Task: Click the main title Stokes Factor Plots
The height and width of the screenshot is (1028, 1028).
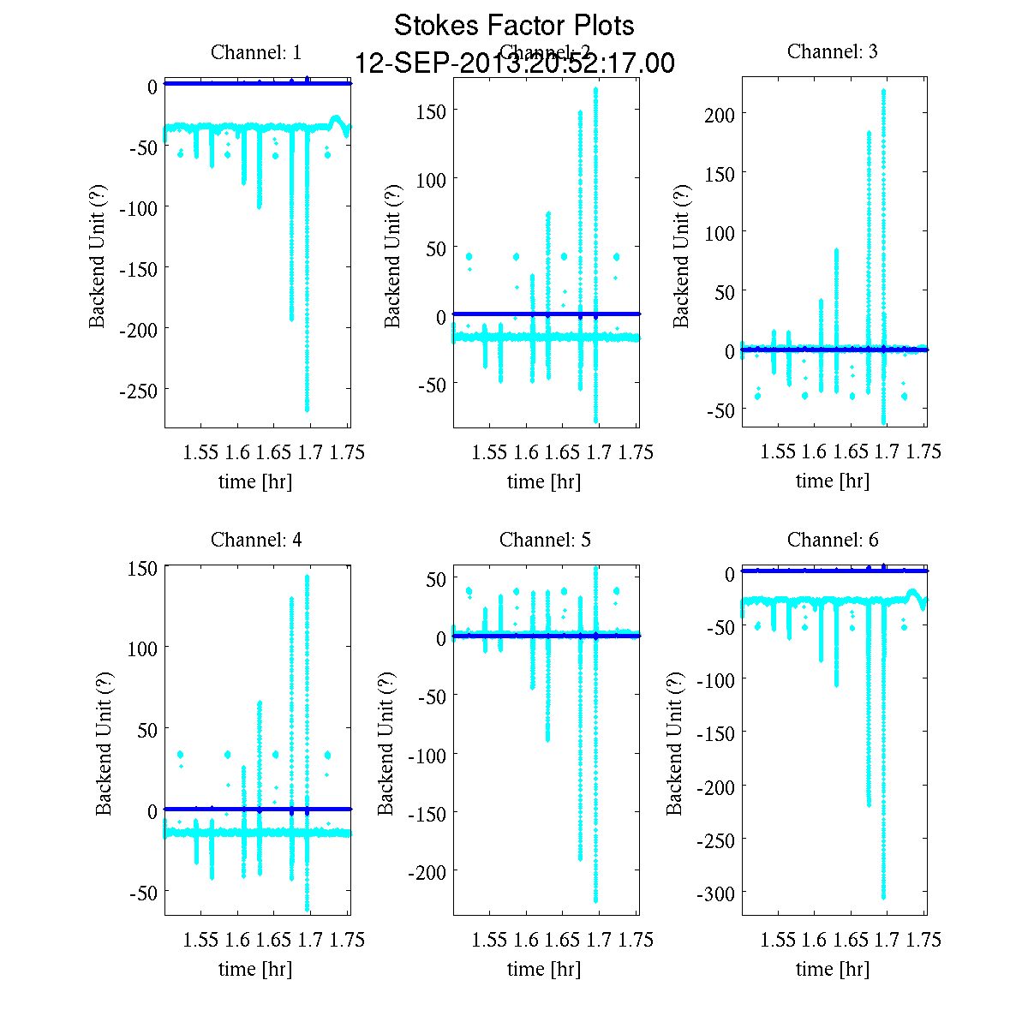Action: click(x=514, y=26)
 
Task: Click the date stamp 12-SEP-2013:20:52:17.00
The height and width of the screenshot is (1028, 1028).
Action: click(x=514, y=64)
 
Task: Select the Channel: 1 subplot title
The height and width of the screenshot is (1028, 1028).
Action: click(x=256, y=52)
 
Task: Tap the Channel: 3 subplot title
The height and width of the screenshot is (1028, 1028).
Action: click(x=833, y=51)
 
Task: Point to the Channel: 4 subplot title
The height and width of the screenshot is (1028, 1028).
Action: click(x=256, y=540)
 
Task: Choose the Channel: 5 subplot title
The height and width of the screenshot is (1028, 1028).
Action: click(x=545, y=540)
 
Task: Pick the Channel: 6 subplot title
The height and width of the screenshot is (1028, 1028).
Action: click(x=833, y=540)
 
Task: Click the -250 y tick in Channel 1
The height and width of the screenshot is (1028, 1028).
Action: click(x=140, y=390)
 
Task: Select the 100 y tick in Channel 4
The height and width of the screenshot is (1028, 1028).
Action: click(x=141, y=648)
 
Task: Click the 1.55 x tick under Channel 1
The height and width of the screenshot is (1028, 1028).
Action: click(x=200, y=452)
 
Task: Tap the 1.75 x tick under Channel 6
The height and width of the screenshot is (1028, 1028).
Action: click(x=923, y=940)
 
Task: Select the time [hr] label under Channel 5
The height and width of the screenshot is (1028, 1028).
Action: click(x=544, y=969)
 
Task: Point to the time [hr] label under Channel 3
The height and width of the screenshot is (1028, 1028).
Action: click(x=833, y=481)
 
